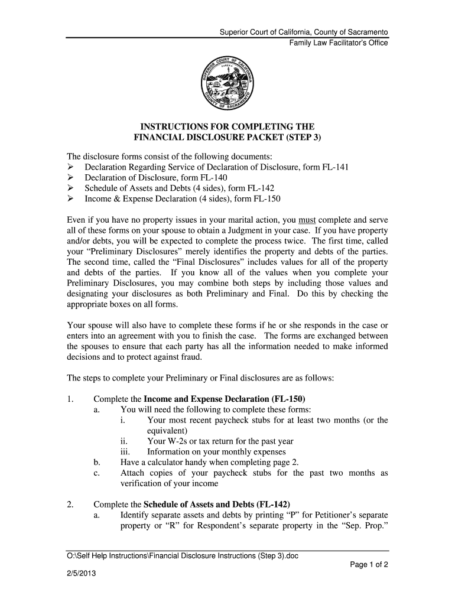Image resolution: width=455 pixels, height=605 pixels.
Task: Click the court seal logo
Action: (x=227, y=85)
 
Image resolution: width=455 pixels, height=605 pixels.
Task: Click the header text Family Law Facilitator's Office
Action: (x=338, y=43)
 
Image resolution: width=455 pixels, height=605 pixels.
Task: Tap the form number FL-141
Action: (x=335, y=167)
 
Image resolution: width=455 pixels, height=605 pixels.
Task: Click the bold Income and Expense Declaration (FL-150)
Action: (x=225, y=398)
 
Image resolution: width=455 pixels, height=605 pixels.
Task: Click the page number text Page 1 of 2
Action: (x=369, y=564)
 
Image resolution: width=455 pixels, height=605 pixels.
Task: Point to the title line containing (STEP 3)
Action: (x=227, y=138)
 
